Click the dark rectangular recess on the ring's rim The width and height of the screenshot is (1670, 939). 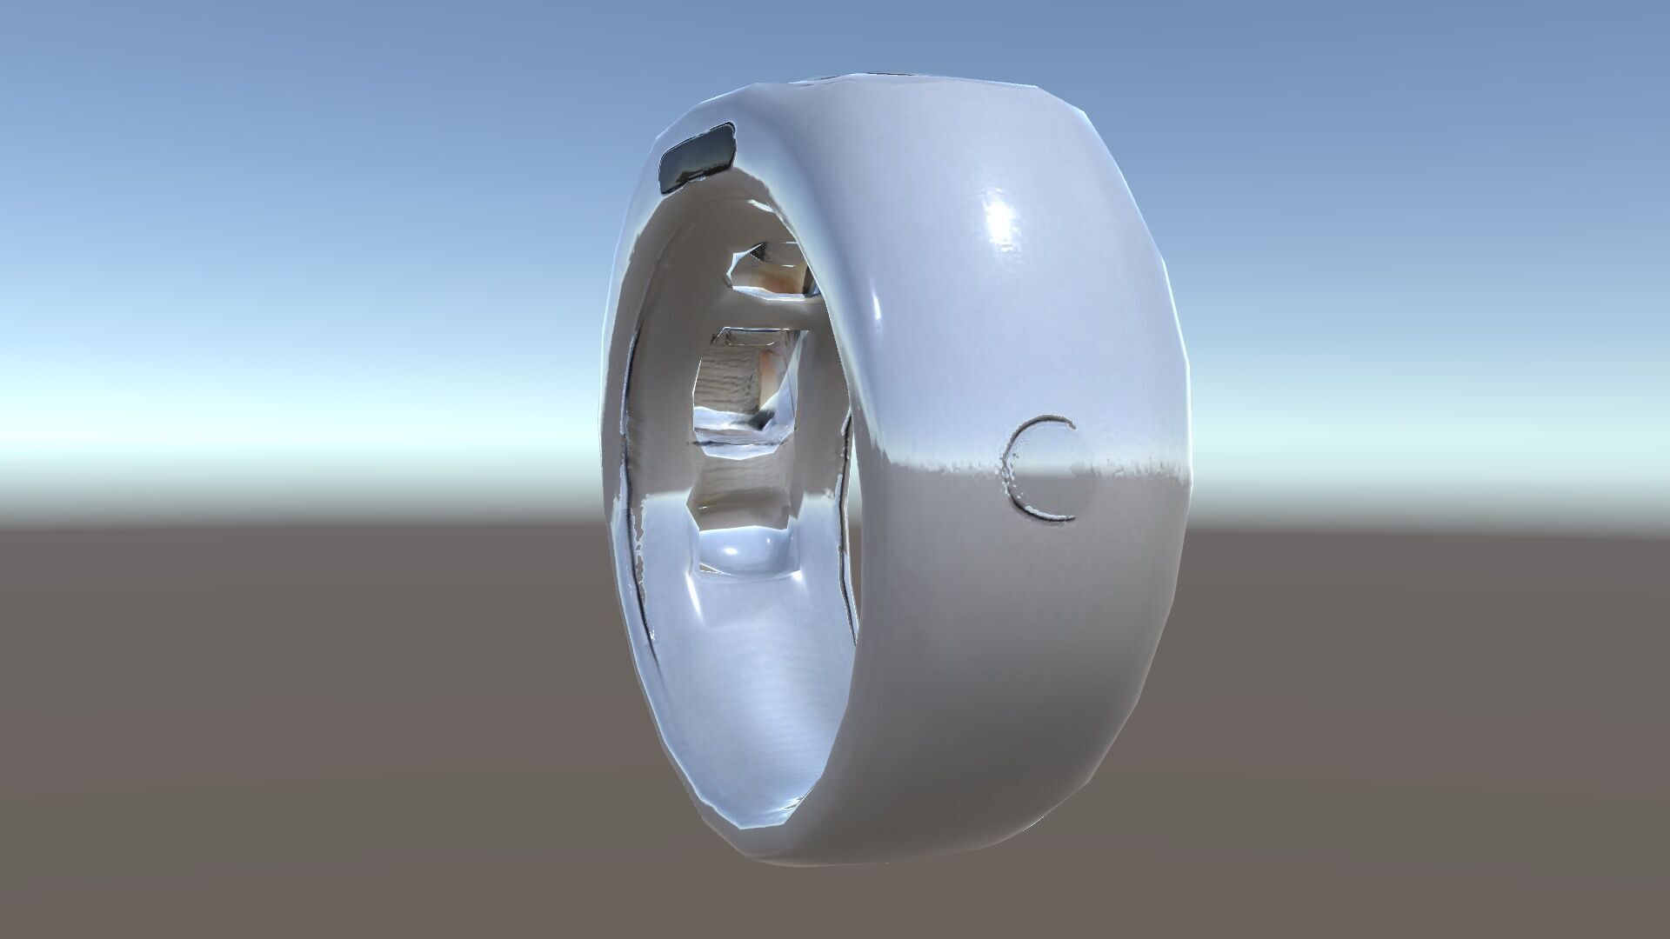click(x=698, y=158)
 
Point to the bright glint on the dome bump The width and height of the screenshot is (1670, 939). click(x=735, y=548)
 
